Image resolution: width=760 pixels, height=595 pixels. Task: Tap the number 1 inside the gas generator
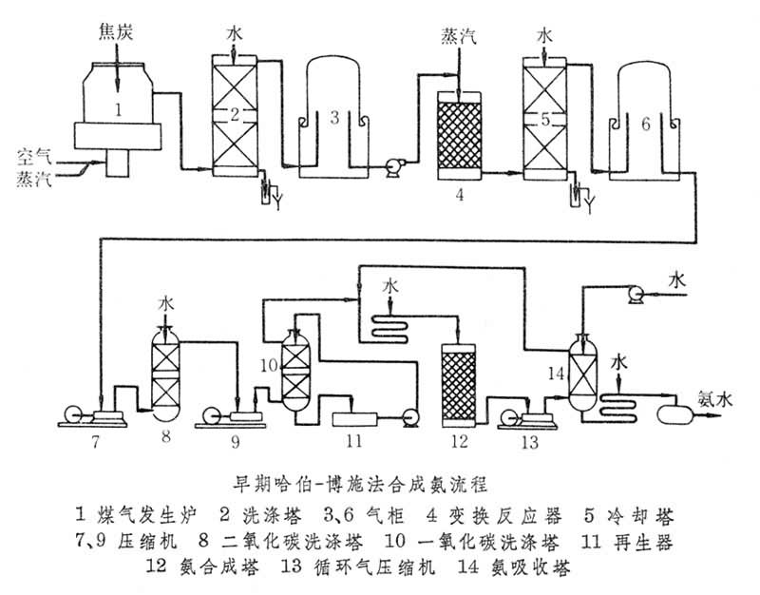tap(118, 110)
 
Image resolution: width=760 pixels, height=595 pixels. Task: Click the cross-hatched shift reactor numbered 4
tap(460, 134)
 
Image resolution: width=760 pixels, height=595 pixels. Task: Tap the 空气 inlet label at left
tap(31, 153)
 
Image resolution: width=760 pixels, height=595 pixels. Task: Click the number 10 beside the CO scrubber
tap(270, 365)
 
